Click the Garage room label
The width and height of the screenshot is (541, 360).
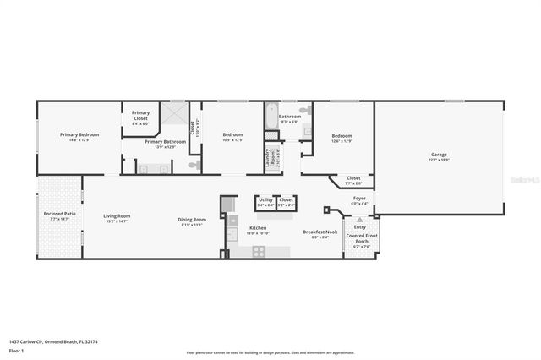coord(439,155)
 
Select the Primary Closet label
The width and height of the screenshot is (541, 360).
coord(140,115)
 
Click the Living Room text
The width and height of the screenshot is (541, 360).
coord(117,215)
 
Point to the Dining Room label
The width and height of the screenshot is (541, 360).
coord(190,221)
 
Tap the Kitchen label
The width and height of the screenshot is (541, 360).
coord(257,228)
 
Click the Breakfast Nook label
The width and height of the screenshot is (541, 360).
coord(320,232)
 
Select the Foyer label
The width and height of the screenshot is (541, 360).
coord(359,198)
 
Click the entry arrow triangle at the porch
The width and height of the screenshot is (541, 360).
coord(359,219)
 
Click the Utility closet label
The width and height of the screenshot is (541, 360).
coord(265,200)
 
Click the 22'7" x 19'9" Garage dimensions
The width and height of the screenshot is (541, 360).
coord(439,160)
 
